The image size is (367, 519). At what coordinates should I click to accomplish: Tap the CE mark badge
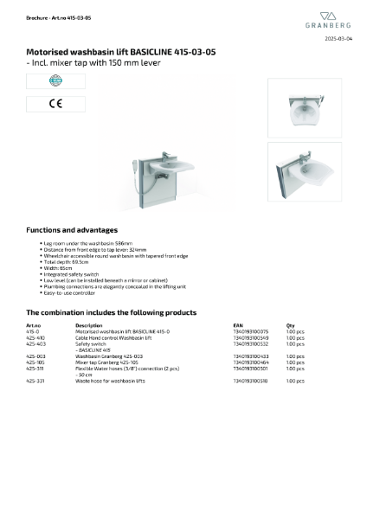click(43, 104)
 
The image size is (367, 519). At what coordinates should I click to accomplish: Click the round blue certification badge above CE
click(43, 82)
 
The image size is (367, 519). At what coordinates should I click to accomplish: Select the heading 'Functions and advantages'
click(72, 230)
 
